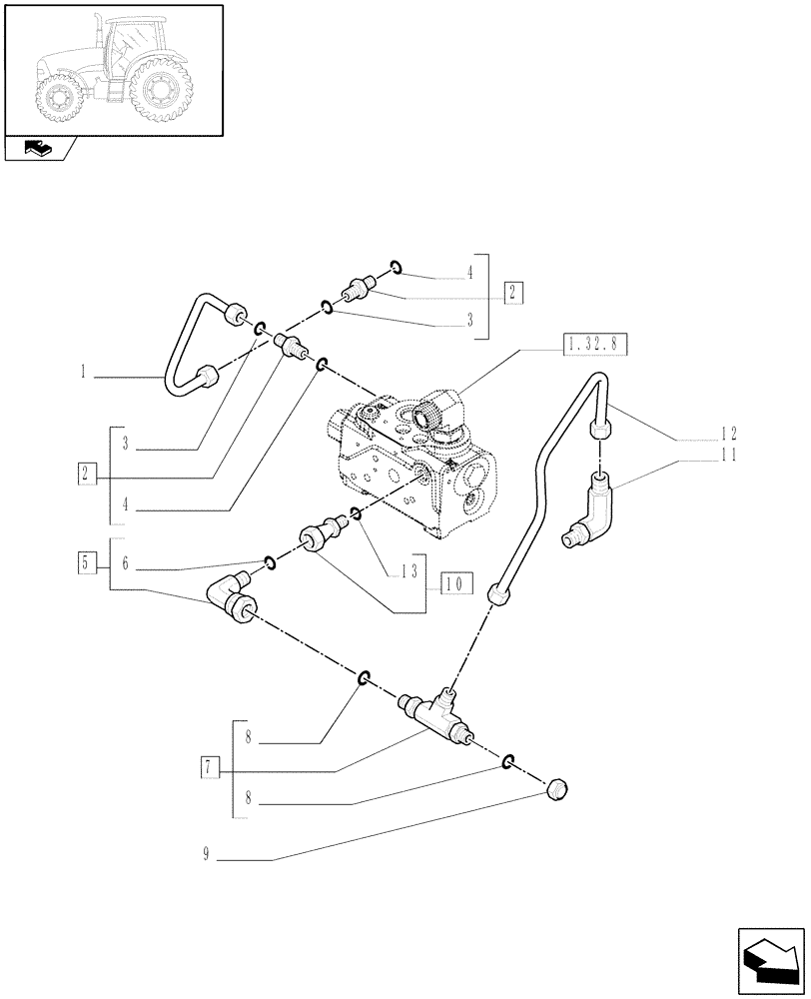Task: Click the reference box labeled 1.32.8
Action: pos(595,346)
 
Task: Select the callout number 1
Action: pos(85,377)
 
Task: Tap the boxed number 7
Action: pos(210,768)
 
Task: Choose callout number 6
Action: pos(125,564)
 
